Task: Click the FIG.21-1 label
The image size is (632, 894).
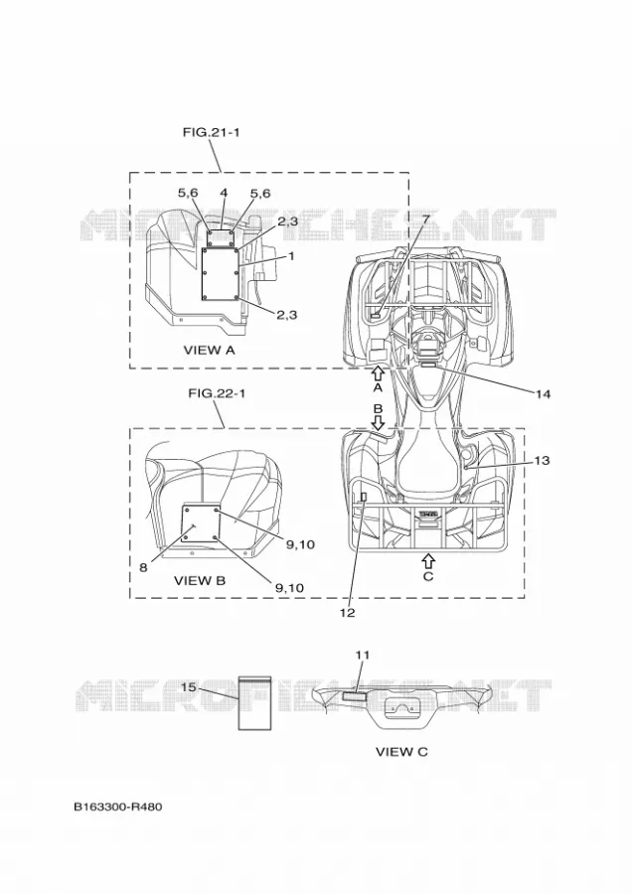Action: click(x=211, y=132)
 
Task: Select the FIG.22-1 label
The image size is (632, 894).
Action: click(x=217, y=393)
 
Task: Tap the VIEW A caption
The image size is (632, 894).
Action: click(x=209, y=350)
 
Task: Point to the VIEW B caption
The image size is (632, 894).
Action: click(x=199, y=581)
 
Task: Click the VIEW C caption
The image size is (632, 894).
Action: click(x=401, y=752)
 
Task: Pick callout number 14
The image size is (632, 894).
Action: click(x=543, y=394)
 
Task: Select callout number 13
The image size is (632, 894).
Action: click(x=542, y=460)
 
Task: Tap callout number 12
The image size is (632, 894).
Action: click(x=348, y=613)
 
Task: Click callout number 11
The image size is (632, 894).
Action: click(x=363, y=656)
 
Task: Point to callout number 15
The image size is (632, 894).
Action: click(x=188, y=687)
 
